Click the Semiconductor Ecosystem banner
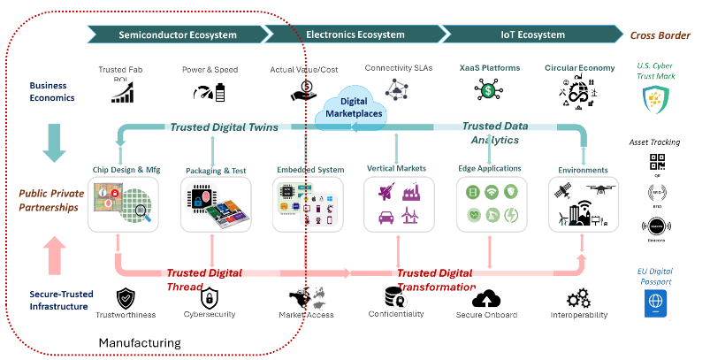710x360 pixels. coord(177,34)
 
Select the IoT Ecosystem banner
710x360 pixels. coord(529,34)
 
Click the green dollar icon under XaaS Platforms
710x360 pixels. coord(489,89)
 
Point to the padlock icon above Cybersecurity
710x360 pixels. coord(210,296)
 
